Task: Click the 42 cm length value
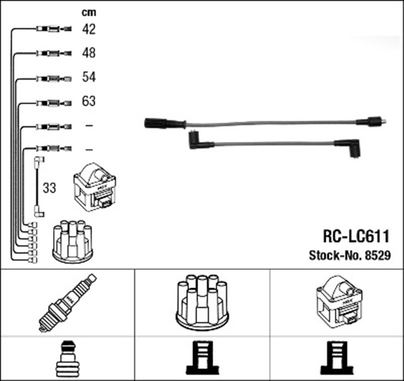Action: (x=89, y=28)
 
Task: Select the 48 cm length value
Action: (x=89, y=53)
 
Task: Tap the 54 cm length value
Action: (x=89, y=77)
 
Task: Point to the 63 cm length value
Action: (x=89, y=101)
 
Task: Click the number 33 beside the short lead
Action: (x=49, y=188)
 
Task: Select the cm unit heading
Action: (x=88, y=12)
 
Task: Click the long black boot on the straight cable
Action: (x=163, y=123)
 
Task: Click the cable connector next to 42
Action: (x=50, y=28)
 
